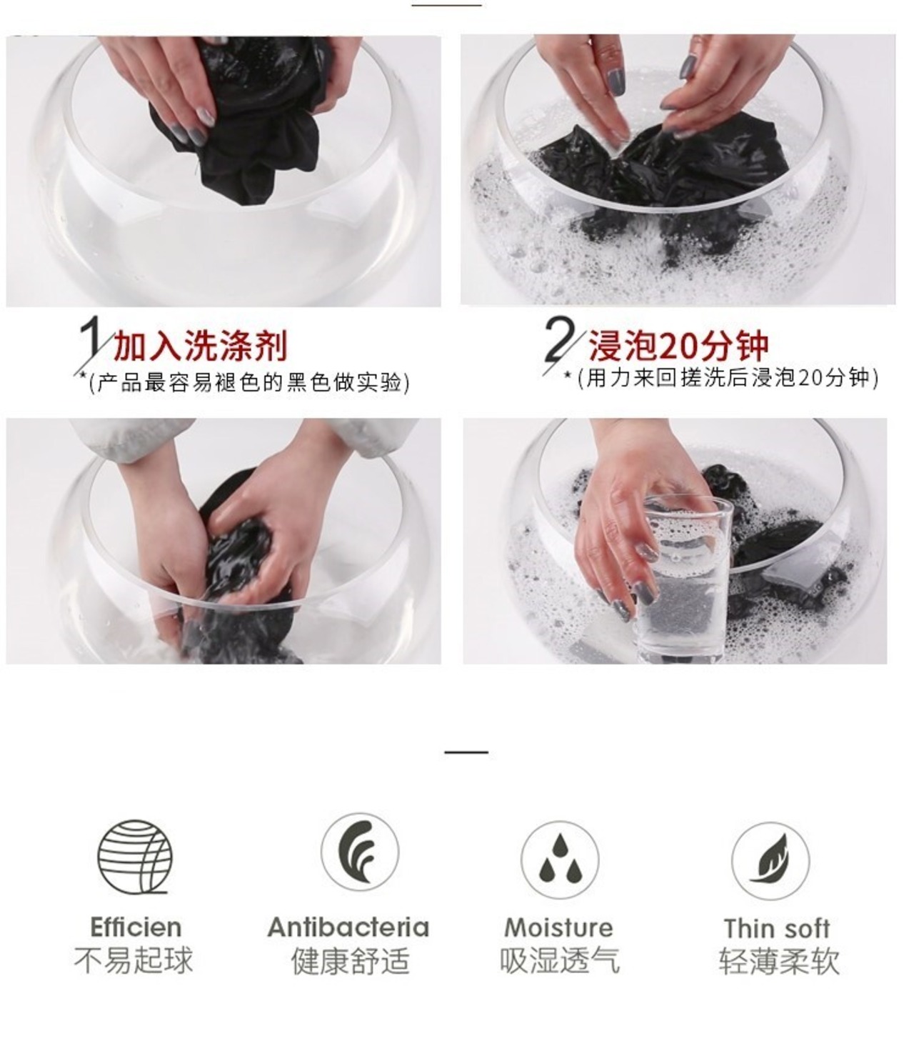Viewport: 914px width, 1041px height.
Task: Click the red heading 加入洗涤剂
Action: tap(200, 345)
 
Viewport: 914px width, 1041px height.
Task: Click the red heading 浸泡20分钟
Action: tap(678, 345)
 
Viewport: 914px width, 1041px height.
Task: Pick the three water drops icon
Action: tap(560, 858)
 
